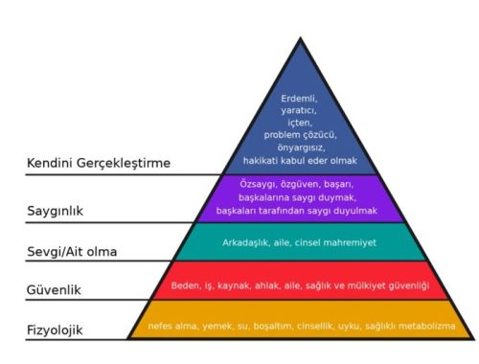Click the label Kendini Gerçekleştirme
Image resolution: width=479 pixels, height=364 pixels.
(99, 163)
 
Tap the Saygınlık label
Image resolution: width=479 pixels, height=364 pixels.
(55, 211)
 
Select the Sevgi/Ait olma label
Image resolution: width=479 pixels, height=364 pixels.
(72, 252)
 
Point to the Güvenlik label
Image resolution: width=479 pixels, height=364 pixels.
(54, 290)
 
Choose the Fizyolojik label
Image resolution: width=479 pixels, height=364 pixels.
(55, 330)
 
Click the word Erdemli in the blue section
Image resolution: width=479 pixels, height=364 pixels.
(299, 99)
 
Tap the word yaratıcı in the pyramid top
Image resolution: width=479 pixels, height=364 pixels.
(299, 111)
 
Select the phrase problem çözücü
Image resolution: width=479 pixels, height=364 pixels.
(300, 135)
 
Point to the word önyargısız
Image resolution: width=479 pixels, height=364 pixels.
(301, 148)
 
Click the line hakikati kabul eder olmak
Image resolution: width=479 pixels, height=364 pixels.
(300, 160)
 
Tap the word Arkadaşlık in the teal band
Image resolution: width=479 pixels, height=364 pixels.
(245, 242)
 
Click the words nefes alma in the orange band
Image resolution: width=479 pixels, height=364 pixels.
(173, 326)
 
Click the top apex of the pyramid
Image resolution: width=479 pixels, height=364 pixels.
(300, 38)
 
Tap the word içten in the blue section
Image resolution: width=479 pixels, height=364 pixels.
(300, 123)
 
